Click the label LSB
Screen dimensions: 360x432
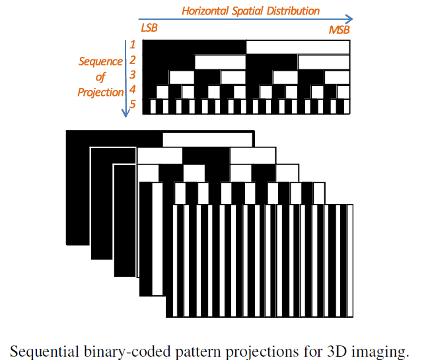click(x=150, y=30)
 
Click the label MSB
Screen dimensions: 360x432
click(x=339, y=30)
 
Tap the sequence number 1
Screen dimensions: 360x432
click(x=132, y=45)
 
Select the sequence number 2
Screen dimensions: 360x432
click(x=132, y=60)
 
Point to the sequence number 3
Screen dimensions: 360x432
click(x=132, y=75)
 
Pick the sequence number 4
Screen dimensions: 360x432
click(x=132, y=90)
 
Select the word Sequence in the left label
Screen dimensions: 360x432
click(x=100, y=61)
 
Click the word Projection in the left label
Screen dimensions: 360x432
click(x=100, y=92)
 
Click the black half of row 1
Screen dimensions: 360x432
click(x=194, y=47)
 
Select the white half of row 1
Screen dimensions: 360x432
click(x=298, y=47)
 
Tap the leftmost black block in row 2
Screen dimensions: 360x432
click(x=168, y=61)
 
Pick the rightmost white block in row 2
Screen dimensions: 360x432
click(x=324, y=61)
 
